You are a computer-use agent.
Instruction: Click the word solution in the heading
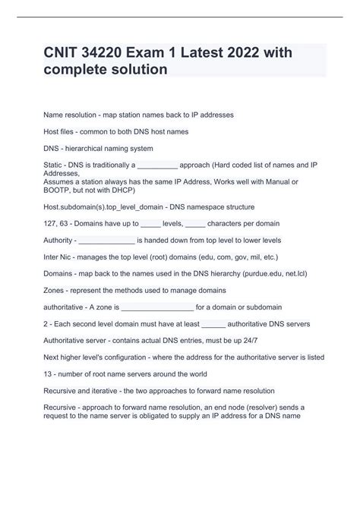[x=137, y=70]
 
